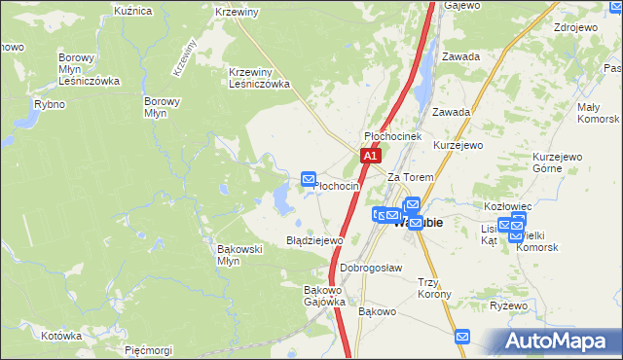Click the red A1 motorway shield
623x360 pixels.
tap(370, 155)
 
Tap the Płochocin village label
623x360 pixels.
tap(338, 186)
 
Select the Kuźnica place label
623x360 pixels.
tap(133, 11)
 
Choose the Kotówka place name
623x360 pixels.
tap(61, 335)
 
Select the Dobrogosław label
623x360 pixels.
tap(372, 268)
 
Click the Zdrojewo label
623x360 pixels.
tap(574, 27)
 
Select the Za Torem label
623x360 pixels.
tap(409, 178)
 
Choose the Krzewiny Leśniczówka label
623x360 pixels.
tap(260, 78)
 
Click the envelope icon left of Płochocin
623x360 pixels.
tap(309, 178)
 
